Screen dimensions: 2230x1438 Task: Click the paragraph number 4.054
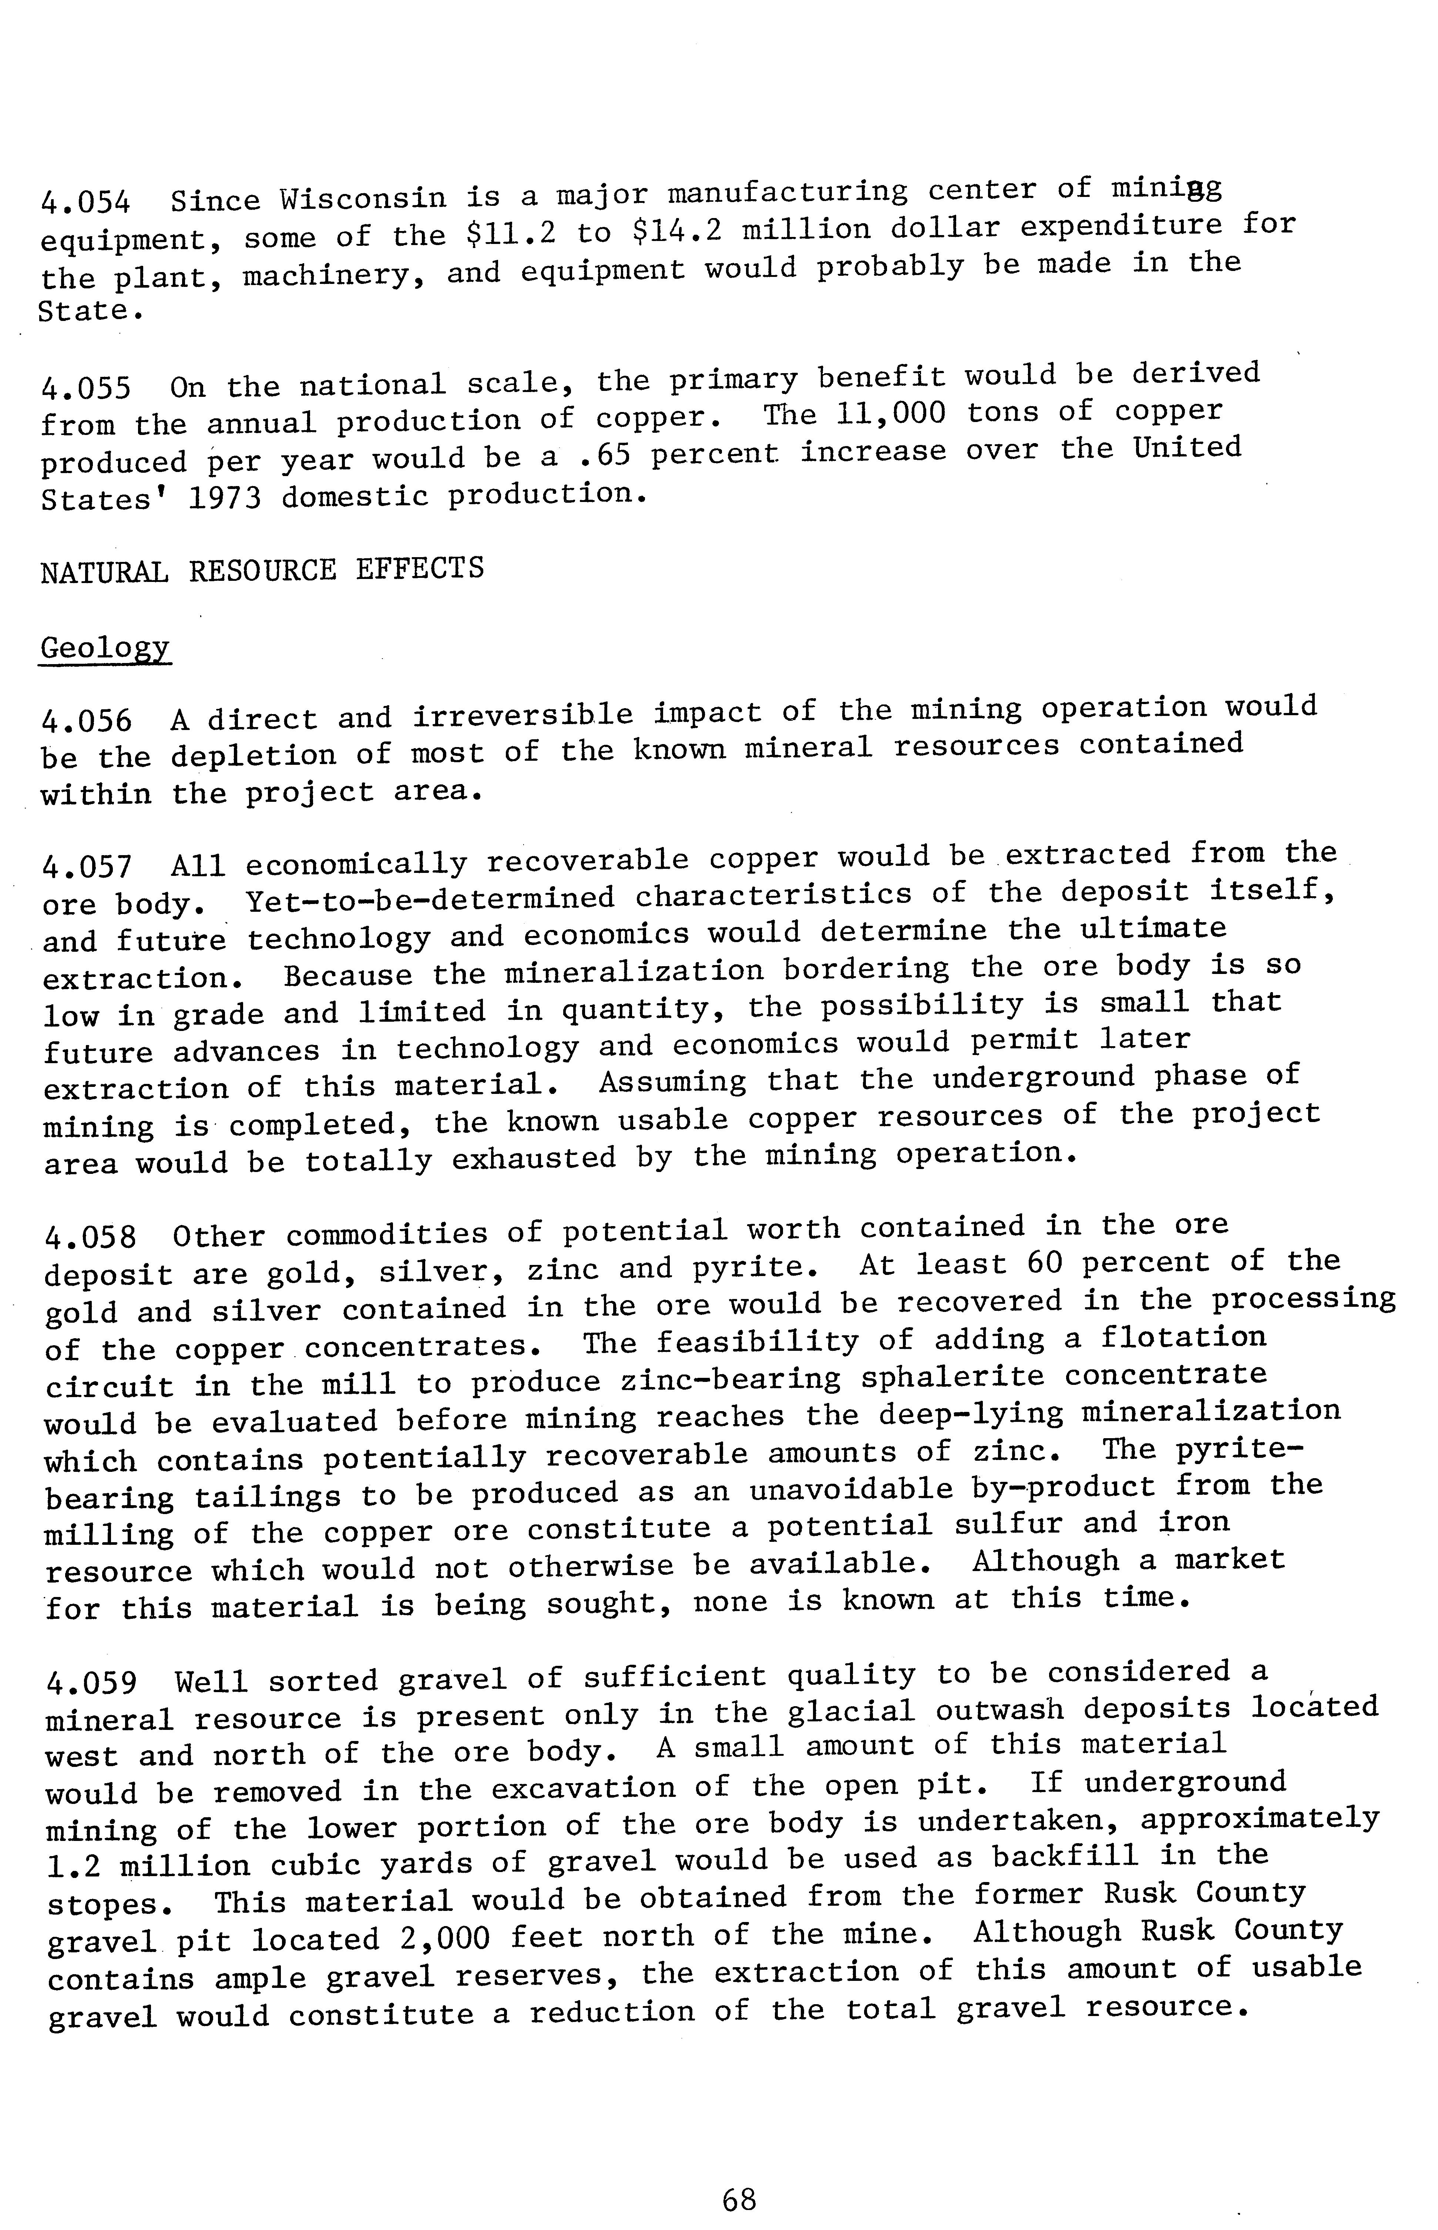click(x=86, y=202)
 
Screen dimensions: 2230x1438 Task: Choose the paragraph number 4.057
click(x=88, y=868)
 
